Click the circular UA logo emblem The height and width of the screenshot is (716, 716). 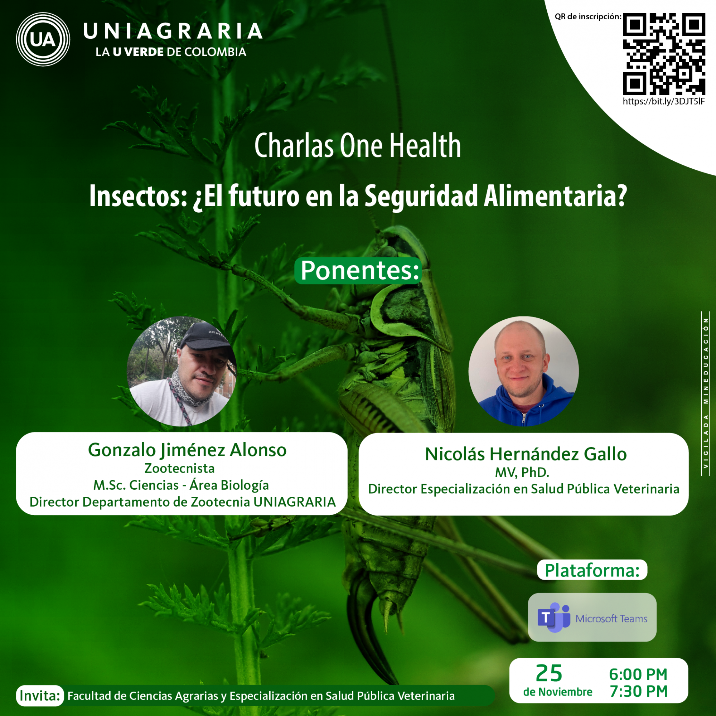click(43, 39)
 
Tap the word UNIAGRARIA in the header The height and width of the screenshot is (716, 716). click(173, 31)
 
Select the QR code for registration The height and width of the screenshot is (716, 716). click(664, 54)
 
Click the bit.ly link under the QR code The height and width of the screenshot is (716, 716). click(664, 102)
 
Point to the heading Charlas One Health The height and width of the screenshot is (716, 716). click(358, 146)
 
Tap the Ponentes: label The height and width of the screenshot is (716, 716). click(358, 271)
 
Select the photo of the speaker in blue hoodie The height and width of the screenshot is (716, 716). click(523, 371)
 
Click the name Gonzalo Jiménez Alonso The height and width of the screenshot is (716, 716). click(187, 450)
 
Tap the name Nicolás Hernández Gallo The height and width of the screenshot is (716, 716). click(526, 454)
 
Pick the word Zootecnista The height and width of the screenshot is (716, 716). click(179, 468)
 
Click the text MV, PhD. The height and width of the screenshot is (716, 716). click(522, 473)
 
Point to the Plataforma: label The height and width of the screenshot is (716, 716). click(592, 570)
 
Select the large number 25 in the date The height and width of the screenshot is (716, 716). click(549, 673)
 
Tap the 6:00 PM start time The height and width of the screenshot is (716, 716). click(638, 674)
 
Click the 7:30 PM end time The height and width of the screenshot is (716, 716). click(639, 691)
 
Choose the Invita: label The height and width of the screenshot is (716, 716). click(40, 696)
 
